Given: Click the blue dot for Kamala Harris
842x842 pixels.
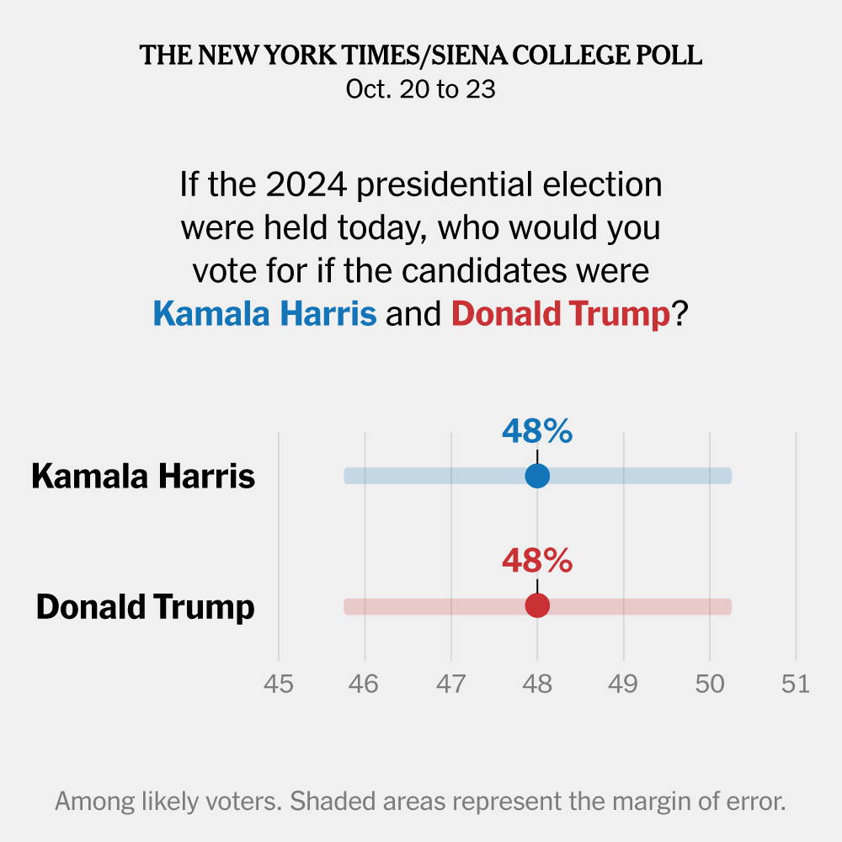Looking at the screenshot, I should [x=537, y=476].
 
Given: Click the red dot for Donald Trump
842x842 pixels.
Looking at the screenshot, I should [x=537, y=605].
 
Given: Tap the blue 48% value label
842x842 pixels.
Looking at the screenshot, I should [x=537, y=432].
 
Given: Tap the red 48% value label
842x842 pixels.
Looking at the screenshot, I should [x=537, y=561].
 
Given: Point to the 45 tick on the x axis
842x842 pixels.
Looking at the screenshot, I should [x=279, y=684].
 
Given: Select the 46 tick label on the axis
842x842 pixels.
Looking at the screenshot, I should [x=365, y=684].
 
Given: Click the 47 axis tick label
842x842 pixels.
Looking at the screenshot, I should [x=451, y=684].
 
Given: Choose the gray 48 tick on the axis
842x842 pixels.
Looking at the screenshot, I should [x=537, y=684].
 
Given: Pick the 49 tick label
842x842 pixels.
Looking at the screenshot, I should [x=623, y=684].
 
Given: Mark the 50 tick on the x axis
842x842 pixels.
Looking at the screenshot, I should [x=710, y=684].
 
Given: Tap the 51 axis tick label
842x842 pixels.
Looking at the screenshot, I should [x=796, y=684].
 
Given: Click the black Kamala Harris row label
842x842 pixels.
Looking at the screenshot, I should [x=143, y=477].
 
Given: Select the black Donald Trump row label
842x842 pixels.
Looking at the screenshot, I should [x=145, y=606].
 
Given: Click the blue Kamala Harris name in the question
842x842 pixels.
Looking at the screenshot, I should [x=264, y=314].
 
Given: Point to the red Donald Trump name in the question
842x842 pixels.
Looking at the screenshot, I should [x=561, y=314].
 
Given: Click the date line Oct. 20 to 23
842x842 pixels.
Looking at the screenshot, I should [x=421, y=89].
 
